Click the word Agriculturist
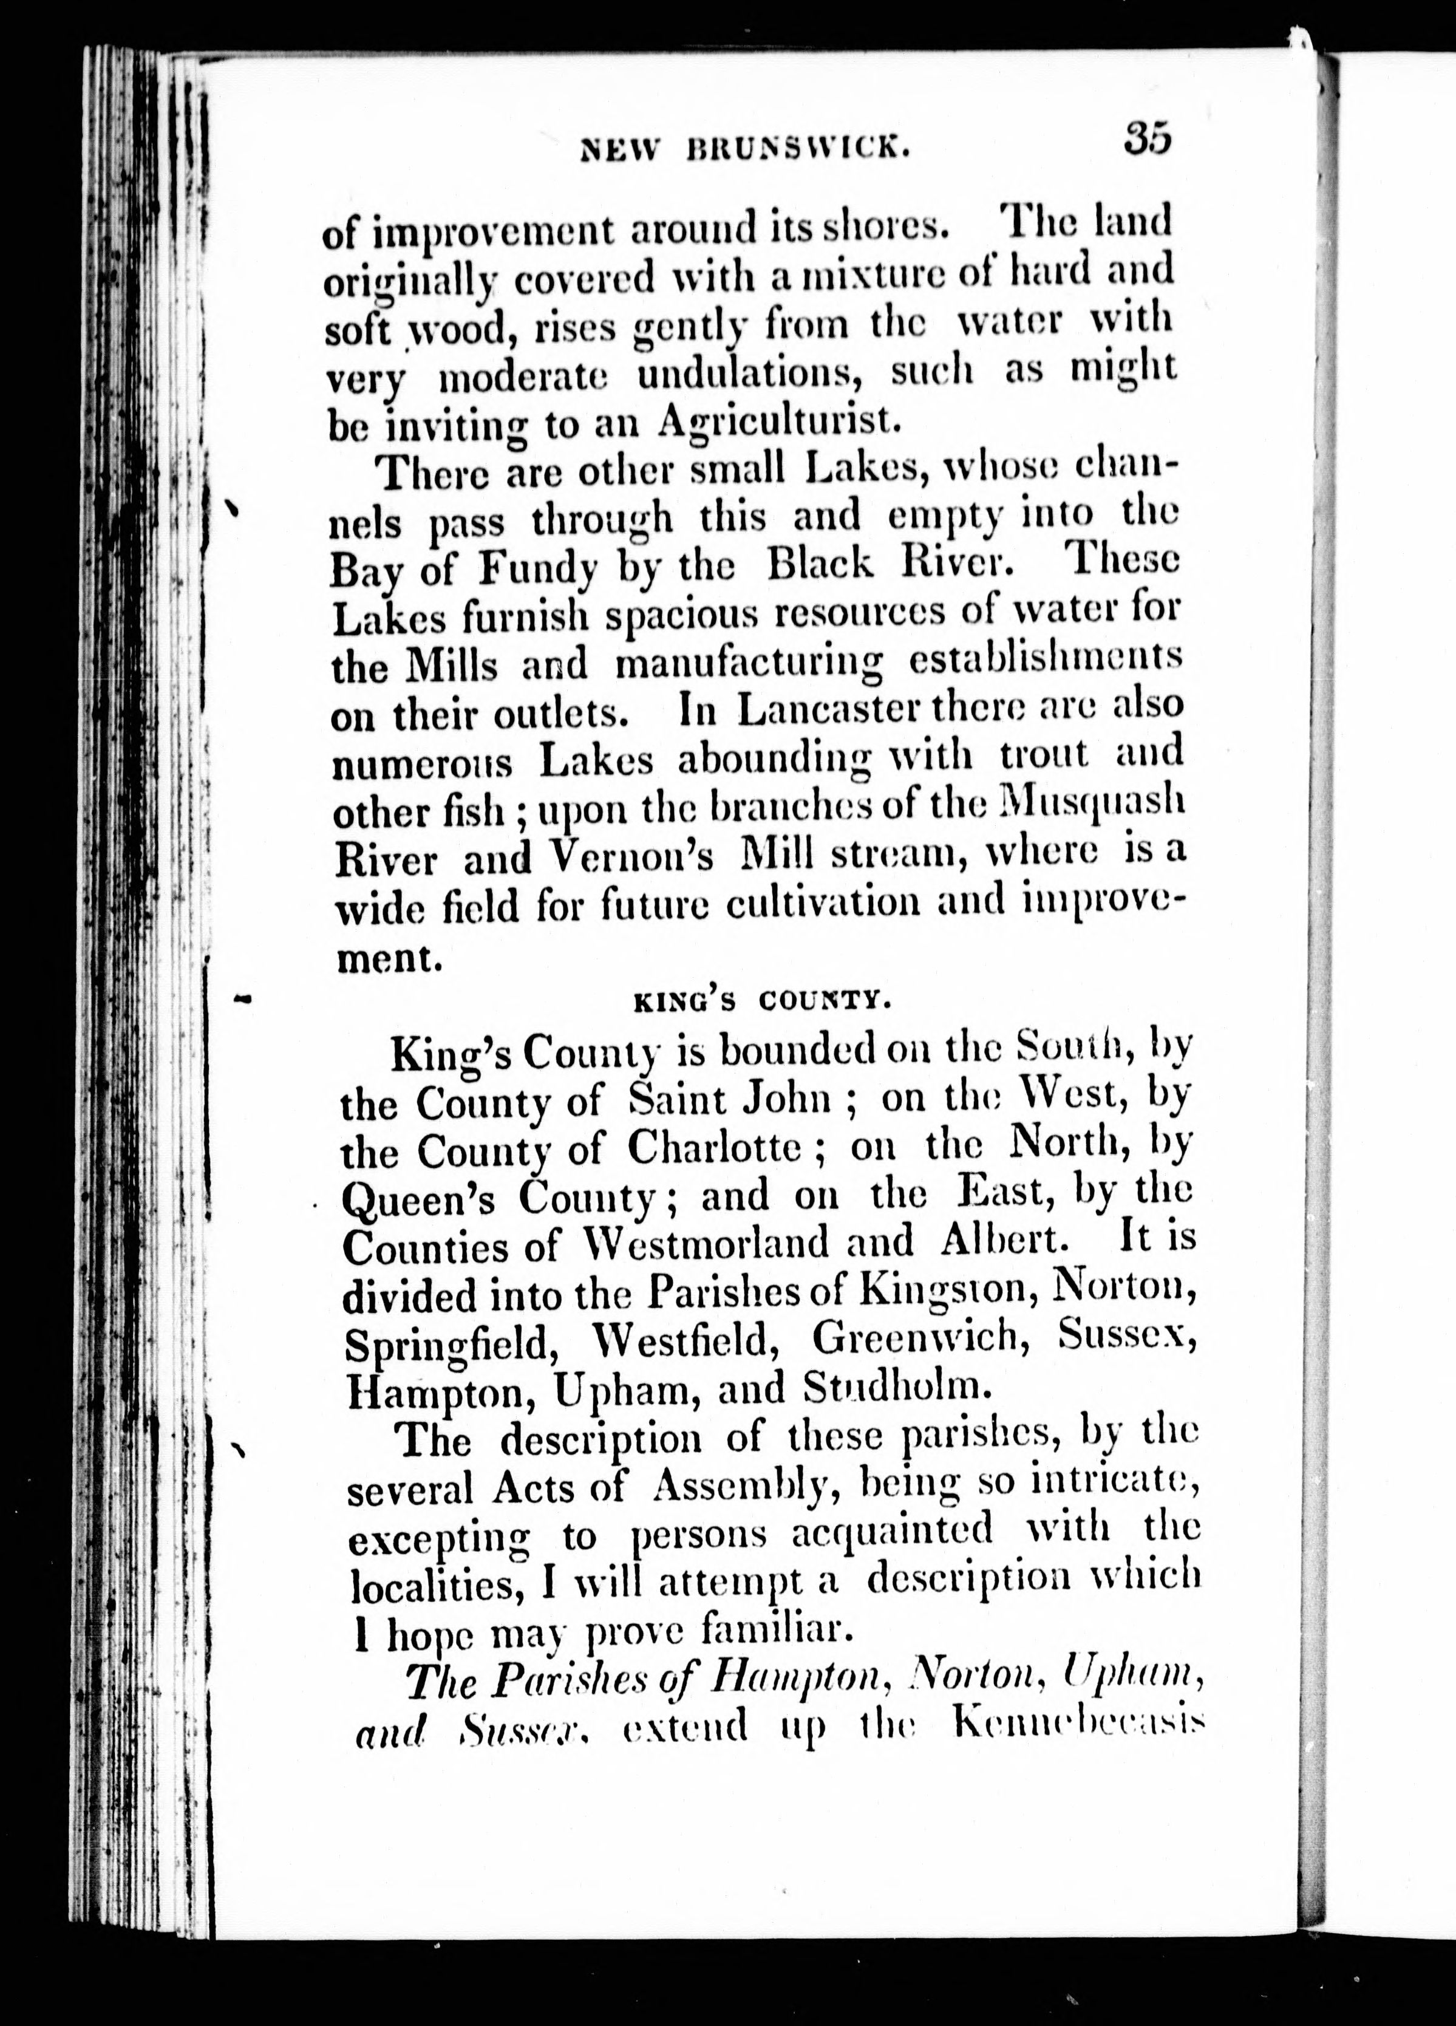[775, 420]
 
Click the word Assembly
[745, 1487]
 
